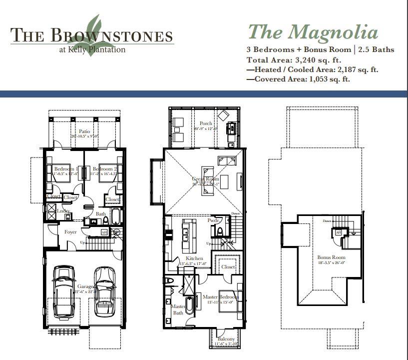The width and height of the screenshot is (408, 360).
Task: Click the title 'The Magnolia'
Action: pyautogui.click(x=313, y=32)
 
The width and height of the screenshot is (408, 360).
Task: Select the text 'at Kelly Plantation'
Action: pyautogui.click(x=92, y=49)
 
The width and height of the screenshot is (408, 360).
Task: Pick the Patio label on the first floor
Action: pyautogui.click(x=77, y=131)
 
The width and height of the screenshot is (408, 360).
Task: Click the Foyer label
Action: pyautogui.click(x=70, y=232)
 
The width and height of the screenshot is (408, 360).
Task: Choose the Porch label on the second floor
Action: pyautogui.click(x=206, y=123)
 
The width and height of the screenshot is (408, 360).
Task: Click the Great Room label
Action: pyautogui.click(x=205, y=178)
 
